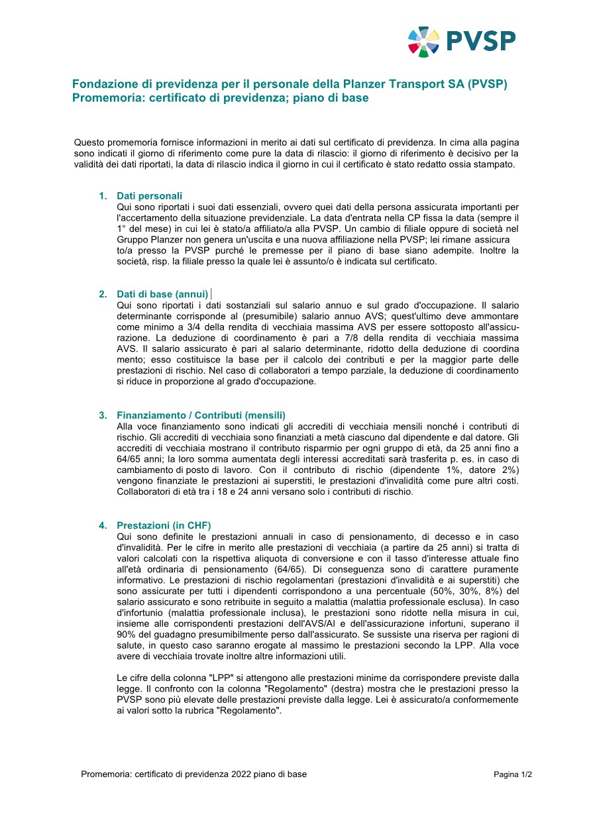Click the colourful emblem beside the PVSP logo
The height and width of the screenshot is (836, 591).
[x=424, y=42]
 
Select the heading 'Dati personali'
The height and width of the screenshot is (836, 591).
[x=149, y=196]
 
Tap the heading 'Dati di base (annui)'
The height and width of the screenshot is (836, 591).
[x=162, y=294]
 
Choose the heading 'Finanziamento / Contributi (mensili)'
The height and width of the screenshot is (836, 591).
[x=201, y=415]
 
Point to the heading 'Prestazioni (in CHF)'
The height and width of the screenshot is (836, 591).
[x=164, y=525]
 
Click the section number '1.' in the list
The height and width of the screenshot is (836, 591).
[x=103, y=196]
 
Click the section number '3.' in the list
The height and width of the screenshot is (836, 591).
[x=103, y=415]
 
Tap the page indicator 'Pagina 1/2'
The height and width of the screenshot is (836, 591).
[x=513, y=774]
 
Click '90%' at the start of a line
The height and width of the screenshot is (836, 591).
[x=127, y=635]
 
